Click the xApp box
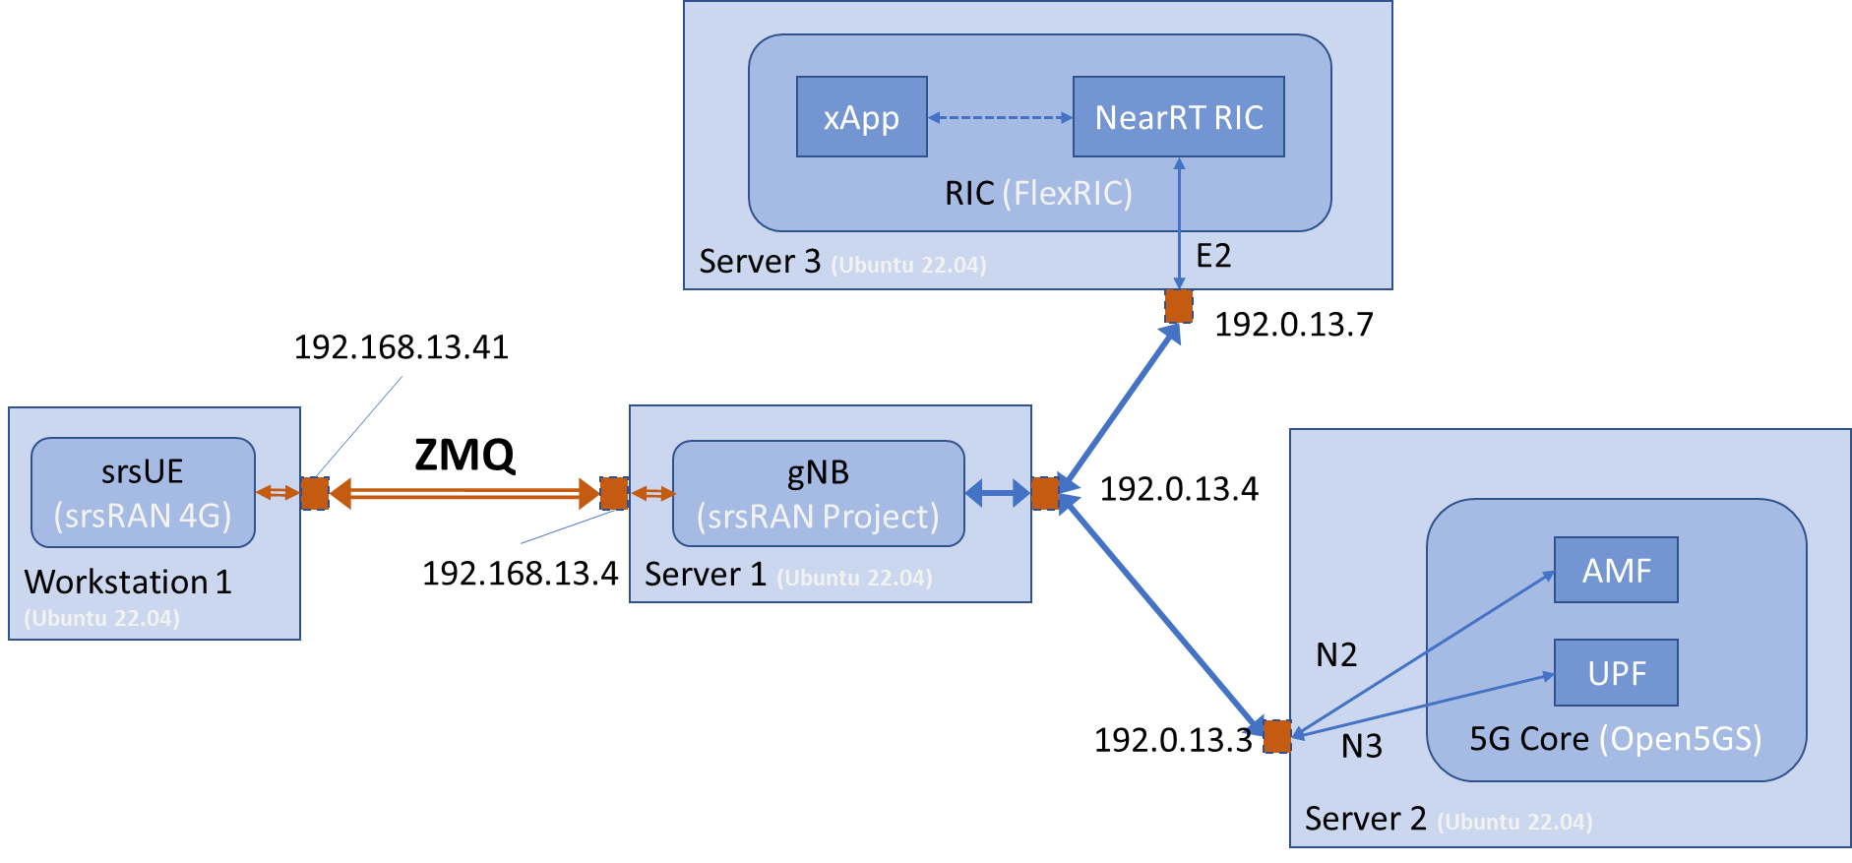(861, 117)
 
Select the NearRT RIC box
(1178, 117)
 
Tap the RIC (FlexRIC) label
(1038, 193)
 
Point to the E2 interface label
(1212, 256)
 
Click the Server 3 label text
(759, 262)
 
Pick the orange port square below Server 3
(1178, 306)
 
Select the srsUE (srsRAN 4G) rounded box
(143, 493)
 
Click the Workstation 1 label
(128, 582)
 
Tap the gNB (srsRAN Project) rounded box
(818, 494)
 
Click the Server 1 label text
(705, 575)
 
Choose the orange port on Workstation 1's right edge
(315, 493)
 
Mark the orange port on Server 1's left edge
(613, 493)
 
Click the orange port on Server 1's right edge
(1044, 493)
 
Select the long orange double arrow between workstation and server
(464, 493)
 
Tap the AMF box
(1615, 570)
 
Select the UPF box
(1615, 673)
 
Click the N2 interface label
(1336, 655)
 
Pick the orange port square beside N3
(1276, 736)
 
